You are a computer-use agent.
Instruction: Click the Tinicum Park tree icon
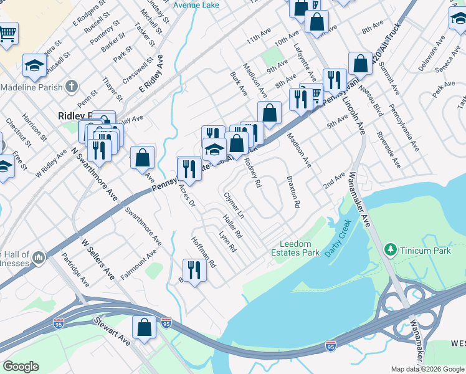(391, 250)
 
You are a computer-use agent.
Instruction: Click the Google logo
(21, 367)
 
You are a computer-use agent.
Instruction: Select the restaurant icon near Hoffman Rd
(194, 270)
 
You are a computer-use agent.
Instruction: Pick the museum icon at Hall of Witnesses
(38, 257)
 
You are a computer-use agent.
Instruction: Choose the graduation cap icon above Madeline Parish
(34, 65)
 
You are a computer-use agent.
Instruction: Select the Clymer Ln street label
(234, 204)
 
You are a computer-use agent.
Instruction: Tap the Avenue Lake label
(196, 5)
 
